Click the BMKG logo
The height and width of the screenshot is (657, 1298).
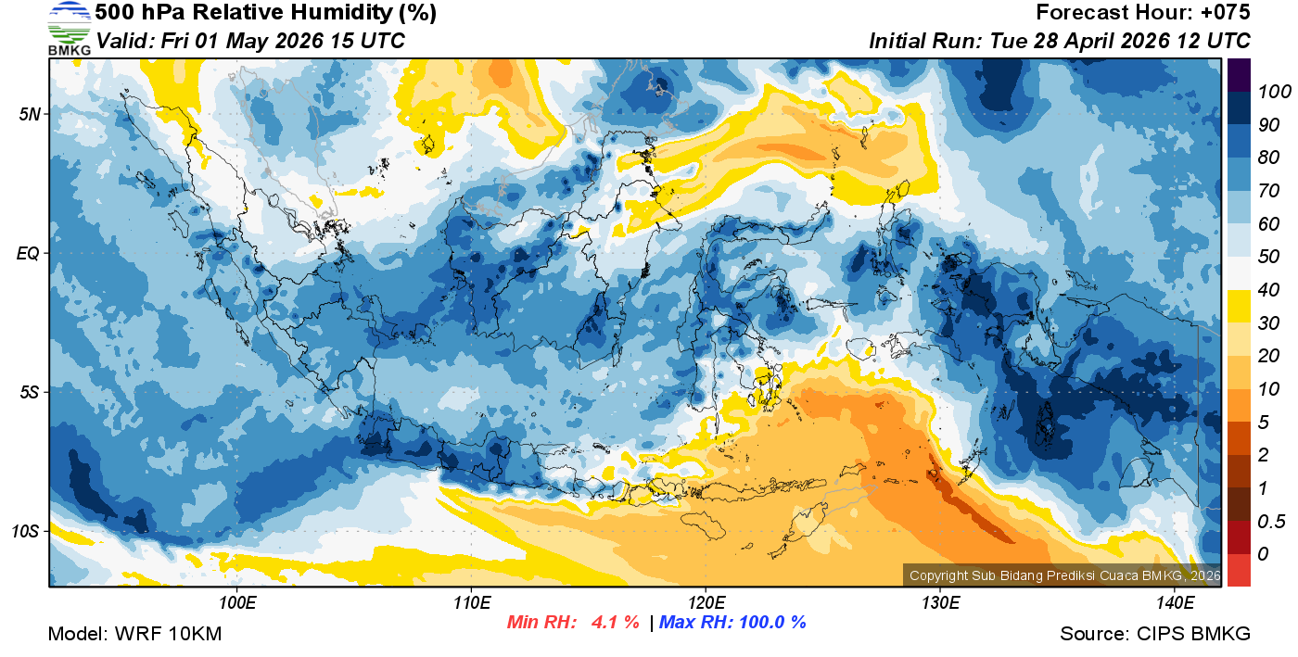coord(69,28)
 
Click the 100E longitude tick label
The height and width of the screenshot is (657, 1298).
coord(236,603)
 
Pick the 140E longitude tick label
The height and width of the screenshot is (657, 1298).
coord(1175,603)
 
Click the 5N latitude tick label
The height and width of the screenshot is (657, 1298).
coord(31,114)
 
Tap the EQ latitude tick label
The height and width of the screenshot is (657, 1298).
coord(29,253)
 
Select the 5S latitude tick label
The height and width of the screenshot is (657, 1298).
coord(31,392)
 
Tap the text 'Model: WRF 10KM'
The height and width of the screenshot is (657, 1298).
coord(134,635)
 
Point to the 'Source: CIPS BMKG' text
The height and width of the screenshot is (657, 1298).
coord(1155,635)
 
